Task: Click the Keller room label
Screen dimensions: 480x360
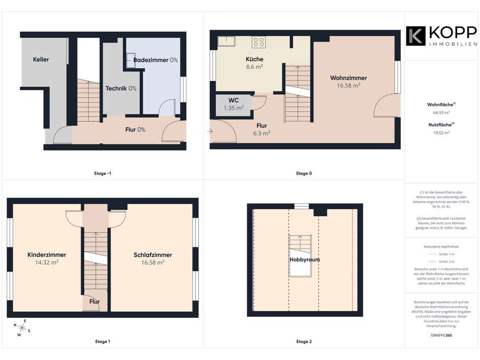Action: pyautogui.click(x=41, y=60)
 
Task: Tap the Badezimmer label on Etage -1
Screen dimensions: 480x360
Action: pyautogui.click(x=151, y=60)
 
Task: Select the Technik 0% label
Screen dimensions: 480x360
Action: pyautogui.click(x=121, y=88)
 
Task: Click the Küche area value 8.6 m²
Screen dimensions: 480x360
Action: pyautogui.click(x=254, y=67)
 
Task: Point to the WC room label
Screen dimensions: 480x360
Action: pyautogui.click(x=233, y=100)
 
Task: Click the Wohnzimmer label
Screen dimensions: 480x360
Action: pyautogui.click(x=348, y=78)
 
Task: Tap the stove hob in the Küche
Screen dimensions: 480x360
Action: pyautogui.click(x=259, y=41)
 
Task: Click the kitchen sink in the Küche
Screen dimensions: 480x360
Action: pyautogui.click(x=226, y=41)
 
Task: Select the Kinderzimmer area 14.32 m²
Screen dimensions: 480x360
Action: pyautogui.click(x=46, y=262)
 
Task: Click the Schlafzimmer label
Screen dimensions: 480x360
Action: pyautogui.click(x=153, y=255)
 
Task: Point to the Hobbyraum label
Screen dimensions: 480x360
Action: pyautogui.click(x=305, y=259)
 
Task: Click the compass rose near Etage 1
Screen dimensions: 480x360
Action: pyautogui.click(x=22, y=328)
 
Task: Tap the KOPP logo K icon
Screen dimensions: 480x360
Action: pyautogui.click(x=415, y=36)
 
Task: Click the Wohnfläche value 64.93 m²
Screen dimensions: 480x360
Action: pyautogui.click(x=441, y=113)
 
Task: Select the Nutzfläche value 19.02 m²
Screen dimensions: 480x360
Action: pyautogui.click(x=441, y=133)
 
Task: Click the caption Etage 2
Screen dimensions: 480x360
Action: pyautogui.click(x=304, y=341)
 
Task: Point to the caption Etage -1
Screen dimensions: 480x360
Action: pyautogui.click(x=103, y=173)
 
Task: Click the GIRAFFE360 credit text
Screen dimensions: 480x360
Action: pyautogui.click(x=441, y=335)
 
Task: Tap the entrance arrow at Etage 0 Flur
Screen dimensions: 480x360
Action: pyautogui.click(x=210, y=131)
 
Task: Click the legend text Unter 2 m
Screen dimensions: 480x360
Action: pyautogui.click(x=447, y=261)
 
